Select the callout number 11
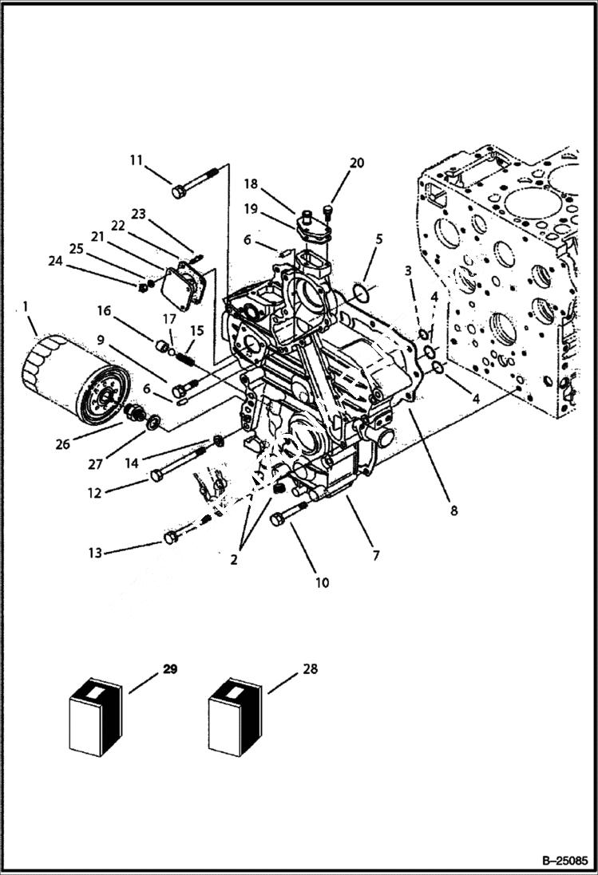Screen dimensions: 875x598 137,160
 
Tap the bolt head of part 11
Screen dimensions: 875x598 179,191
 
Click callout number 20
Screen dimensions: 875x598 356,163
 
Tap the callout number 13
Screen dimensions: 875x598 95,553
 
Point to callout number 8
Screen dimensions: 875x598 453,511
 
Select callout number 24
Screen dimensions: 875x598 54,259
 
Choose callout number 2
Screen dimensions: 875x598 234,560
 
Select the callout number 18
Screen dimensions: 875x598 251,183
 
